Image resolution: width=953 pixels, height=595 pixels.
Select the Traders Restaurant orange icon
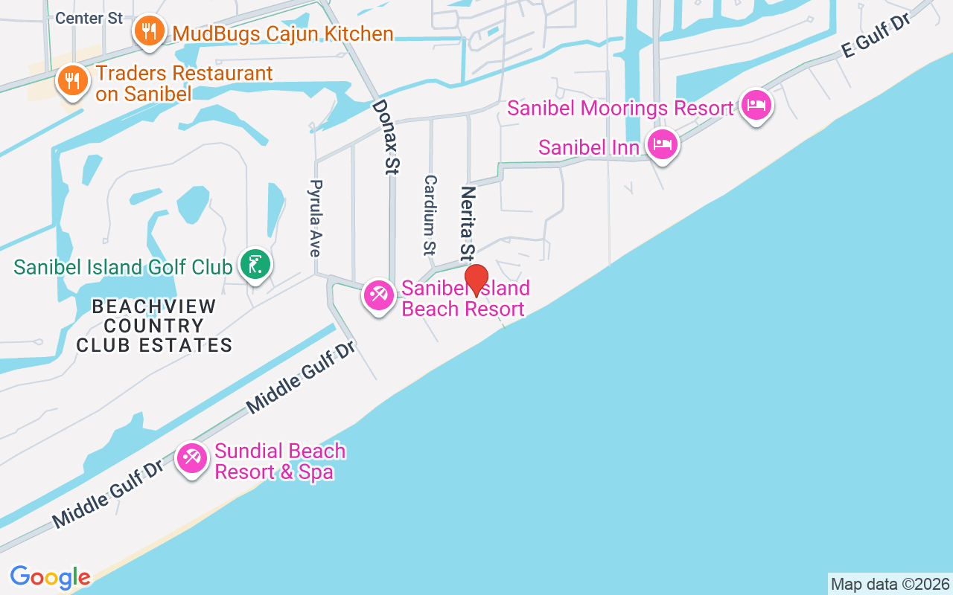point(73,80)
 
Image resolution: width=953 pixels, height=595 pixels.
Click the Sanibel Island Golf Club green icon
point(255,264)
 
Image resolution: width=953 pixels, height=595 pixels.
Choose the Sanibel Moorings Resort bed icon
point(756,105)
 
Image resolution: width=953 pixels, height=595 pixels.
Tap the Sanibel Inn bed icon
point(663,144)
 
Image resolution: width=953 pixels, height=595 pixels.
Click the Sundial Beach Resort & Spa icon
point(193,457)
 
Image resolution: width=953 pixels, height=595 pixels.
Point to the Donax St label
point(384,138)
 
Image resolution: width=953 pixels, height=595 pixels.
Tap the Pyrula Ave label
point(316,218)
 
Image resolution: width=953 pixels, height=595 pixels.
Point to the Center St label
point(89,18)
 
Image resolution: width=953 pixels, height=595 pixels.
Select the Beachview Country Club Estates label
point(155,326)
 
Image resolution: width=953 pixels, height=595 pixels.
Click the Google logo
point(51,577)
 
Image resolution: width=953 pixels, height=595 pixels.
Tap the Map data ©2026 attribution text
point(890,584)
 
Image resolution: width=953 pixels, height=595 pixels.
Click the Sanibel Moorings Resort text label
point(620,108)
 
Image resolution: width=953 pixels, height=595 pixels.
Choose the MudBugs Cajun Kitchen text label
point(283,33)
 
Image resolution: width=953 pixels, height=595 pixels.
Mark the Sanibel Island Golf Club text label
point(123,267)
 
